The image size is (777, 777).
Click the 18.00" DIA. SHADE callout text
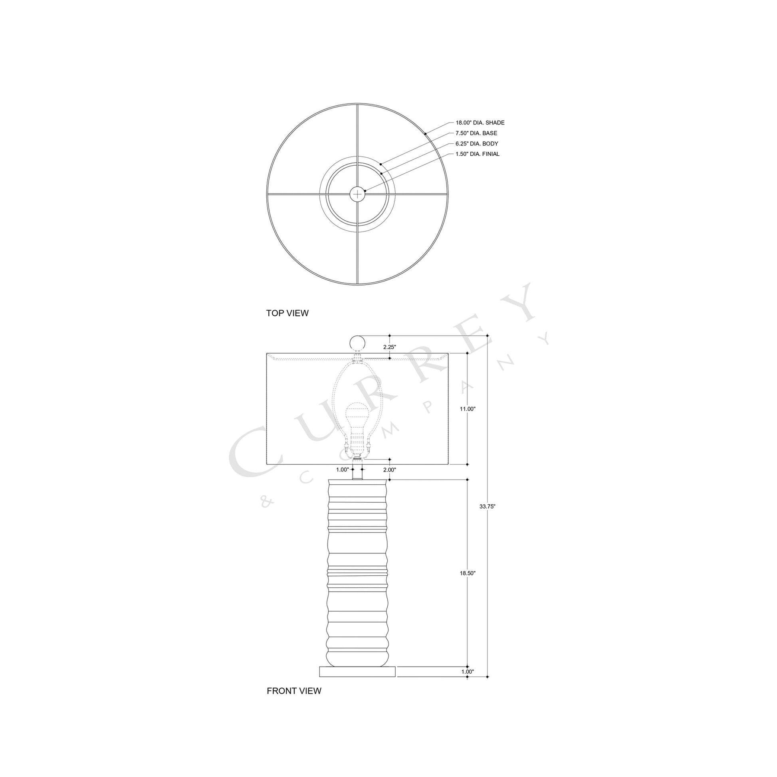coord(480,123)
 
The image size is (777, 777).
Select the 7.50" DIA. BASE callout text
coord(476,133)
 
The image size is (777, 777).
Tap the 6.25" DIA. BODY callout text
coord(477,144)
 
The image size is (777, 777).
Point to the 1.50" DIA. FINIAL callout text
coord(478,154)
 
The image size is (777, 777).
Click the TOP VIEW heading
coord(287,313)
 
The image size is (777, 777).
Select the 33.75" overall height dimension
coord(487,507)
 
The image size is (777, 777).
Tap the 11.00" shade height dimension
coord(468,408)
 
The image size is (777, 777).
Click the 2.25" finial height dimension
coord(389,347)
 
